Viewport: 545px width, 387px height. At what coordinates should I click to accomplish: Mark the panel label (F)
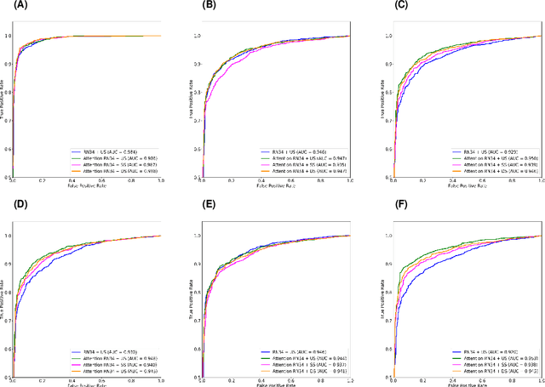click(x=393, y=204)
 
